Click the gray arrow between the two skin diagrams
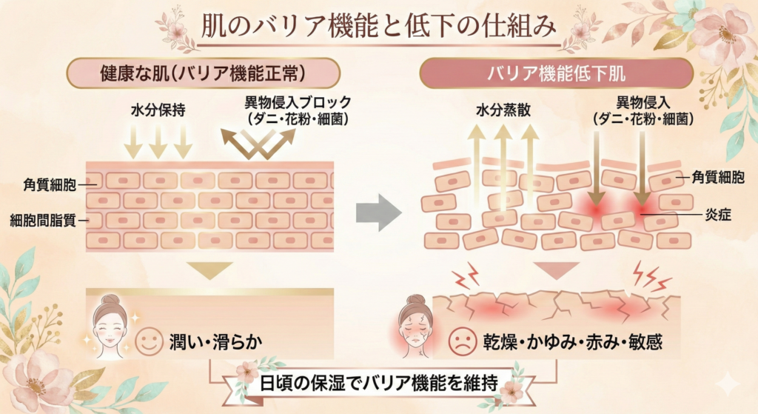[378, 213]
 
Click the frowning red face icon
[463, 342]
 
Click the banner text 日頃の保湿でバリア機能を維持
[378, 387]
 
